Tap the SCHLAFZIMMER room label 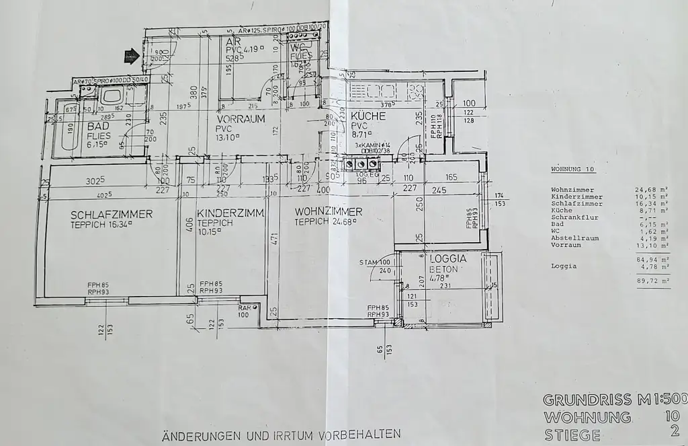112,215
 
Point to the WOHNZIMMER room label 329,211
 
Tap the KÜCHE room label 368,116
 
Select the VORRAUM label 241,119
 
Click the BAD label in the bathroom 98,126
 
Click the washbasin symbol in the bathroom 110,95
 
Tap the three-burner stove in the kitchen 359,163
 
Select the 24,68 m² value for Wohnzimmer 649,190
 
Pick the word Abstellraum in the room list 570,237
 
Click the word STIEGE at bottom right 571,435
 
